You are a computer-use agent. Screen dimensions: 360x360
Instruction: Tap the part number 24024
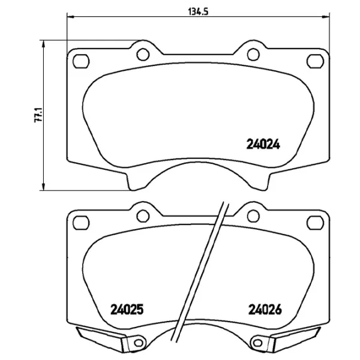click(x=264, y=144)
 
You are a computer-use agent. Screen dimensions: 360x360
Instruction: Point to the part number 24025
click(x=128, y=310)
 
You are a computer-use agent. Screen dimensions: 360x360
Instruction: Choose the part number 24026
click(x=265, y=310)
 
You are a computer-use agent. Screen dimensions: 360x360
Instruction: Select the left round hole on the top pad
click(x=143, y=55)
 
